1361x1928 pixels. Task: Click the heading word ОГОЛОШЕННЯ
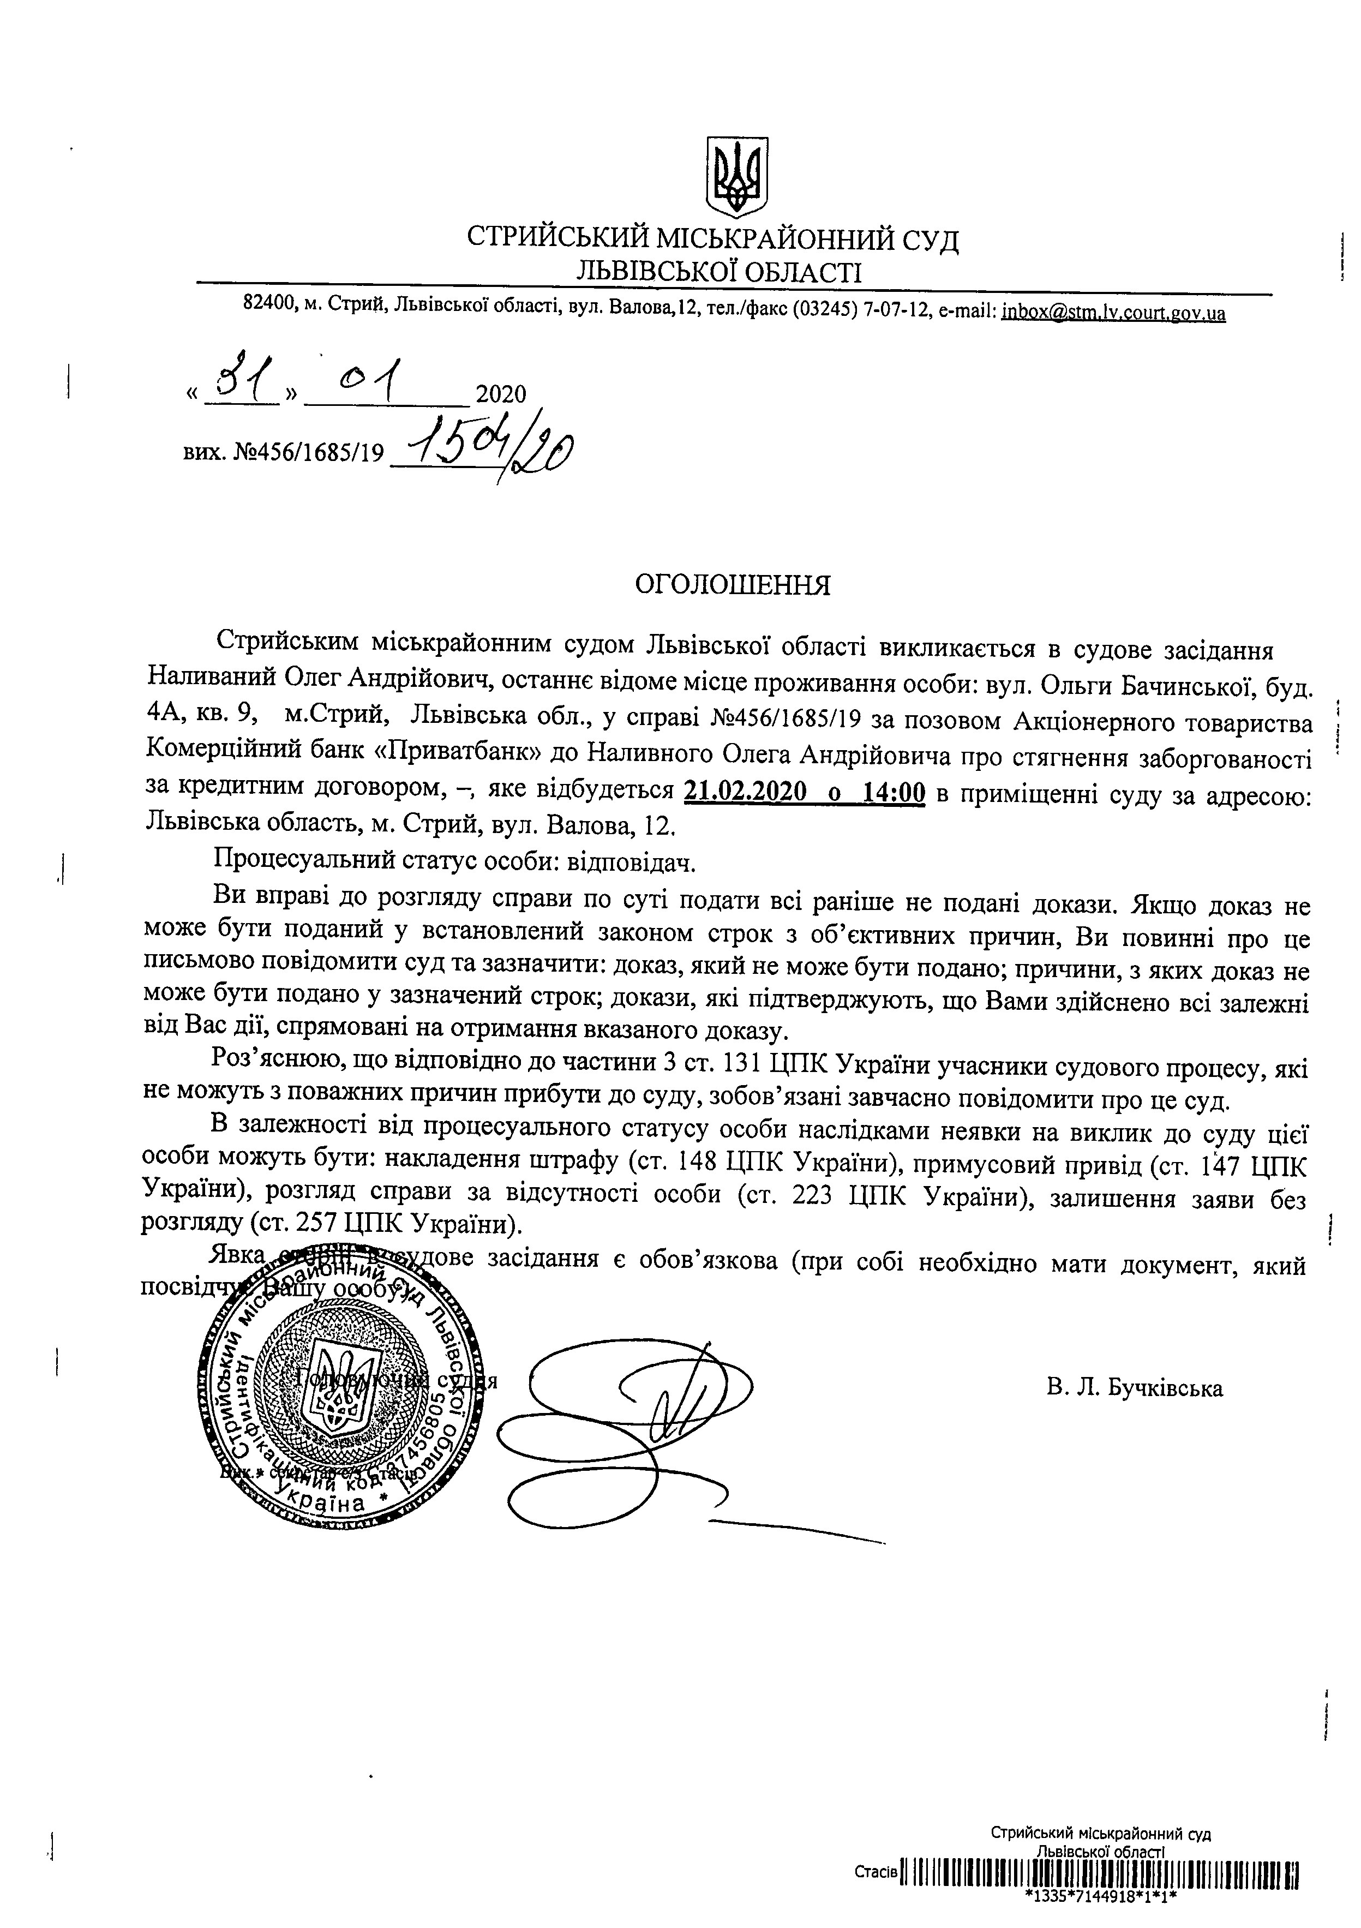tap(732, 584)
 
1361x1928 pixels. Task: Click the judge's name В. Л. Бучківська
tap(1134, 1388)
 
